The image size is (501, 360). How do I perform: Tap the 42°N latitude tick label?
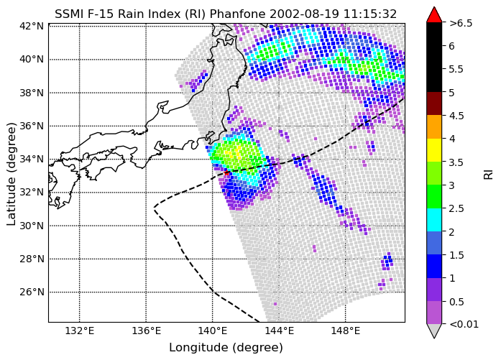click(32, 26)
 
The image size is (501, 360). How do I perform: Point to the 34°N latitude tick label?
click(32, 159)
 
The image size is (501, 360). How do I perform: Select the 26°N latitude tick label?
click(32, 292)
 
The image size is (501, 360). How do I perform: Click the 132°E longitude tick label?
click(80, 331)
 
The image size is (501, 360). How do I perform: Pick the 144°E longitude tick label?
click(280, 331)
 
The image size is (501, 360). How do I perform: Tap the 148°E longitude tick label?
click(346, 331)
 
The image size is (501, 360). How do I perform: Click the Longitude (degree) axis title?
click(226, 348)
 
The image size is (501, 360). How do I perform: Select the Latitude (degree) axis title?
click(12, 174)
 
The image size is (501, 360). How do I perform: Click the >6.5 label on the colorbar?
click(461, 23)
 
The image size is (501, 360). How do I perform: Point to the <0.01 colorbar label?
click(464, 324)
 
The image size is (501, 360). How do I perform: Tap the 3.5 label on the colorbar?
click(456, 162)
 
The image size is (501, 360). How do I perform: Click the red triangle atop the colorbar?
click(434, 15)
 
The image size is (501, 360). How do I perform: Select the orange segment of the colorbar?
click(434, 126)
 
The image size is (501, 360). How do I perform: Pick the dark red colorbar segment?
click(434, 103)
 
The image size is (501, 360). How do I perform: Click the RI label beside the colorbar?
click(489, 175)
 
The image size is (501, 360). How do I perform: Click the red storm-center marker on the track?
click(227, 172)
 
